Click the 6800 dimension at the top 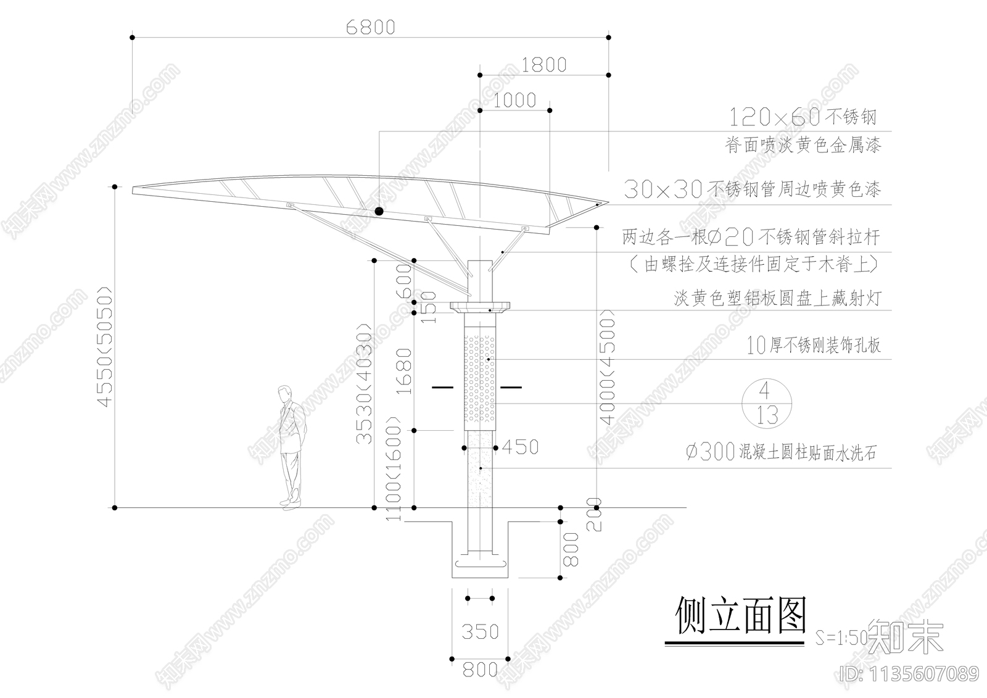[370, 28]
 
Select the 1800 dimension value [543, 65]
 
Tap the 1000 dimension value [515, 101]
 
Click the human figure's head [284, 393]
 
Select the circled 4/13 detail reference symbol [766, 404]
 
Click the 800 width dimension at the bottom [480, 669]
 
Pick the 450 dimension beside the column [521, 447]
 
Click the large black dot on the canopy [379, 211]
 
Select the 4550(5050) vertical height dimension [105, 347]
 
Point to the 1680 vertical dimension [403, 372]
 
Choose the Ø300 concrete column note [780, 453]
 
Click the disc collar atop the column [481, 307]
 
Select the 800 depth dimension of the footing [571, 549]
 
